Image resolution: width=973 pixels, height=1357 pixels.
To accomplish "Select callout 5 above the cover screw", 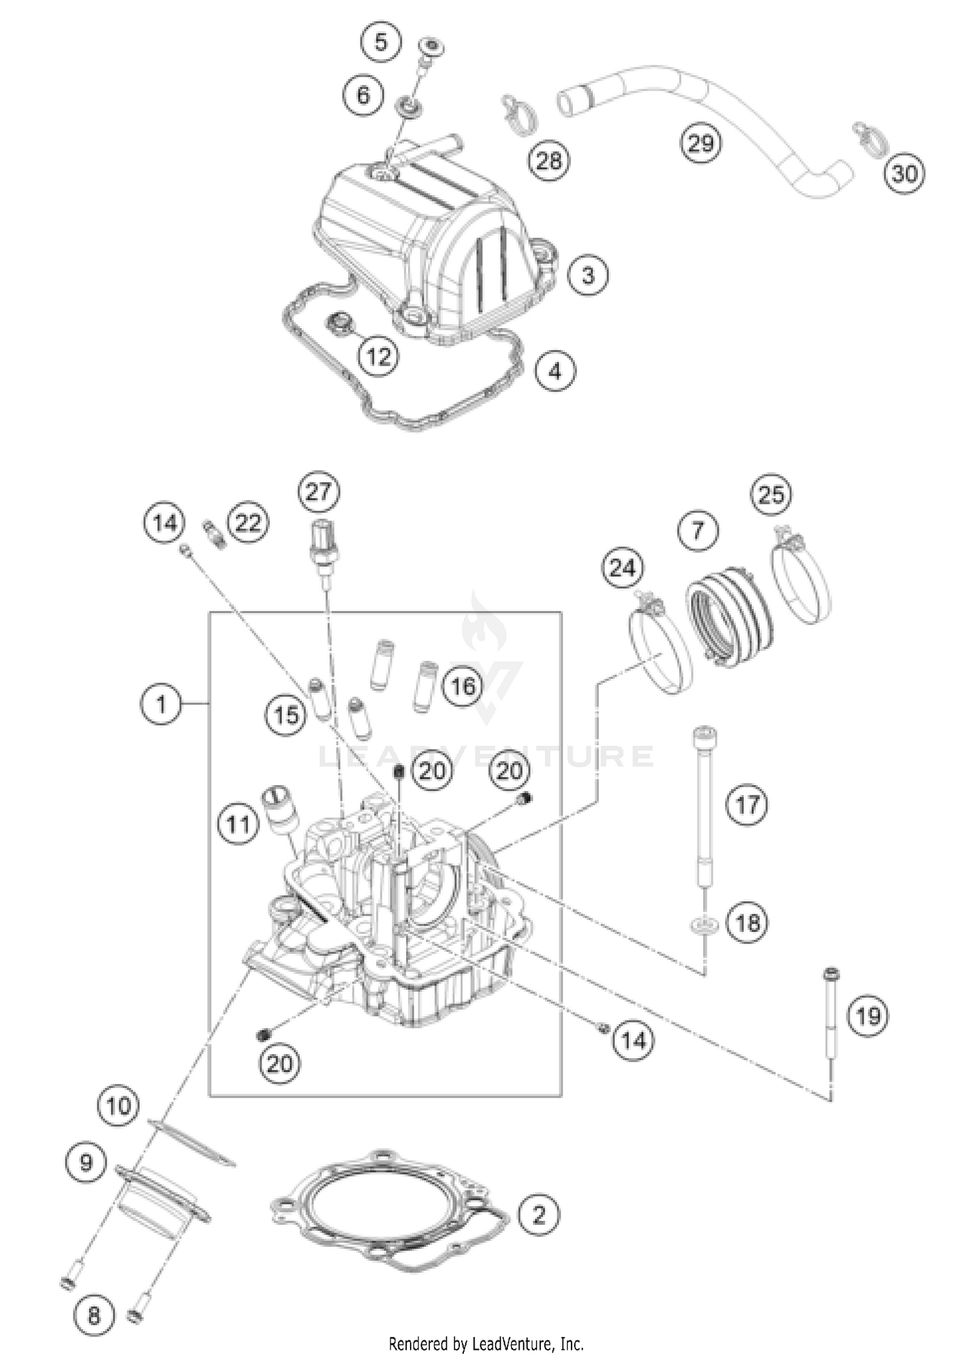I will click(x=381, y=43).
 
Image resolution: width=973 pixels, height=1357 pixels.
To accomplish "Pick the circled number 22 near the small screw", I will click(x=248, y=522).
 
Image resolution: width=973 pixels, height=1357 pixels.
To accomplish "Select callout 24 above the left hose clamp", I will click(x=623, y=568).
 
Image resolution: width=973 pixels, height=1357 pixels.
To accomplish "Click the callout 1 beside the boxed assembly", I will click(x=161, y=703).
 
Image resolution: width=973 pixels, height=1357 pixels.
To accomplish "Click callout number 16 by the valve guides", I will click(x=463, y=685).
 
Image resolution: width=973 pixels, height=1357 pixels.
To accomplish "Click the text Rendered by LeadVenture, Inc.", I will click(x=486, y=1343).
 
